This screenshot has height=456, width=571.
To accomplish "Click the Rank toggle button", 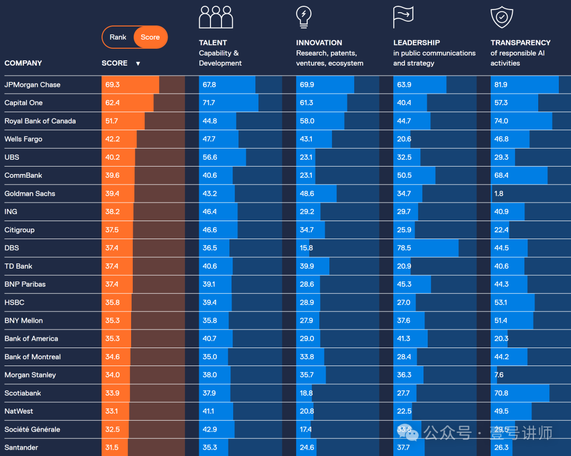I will (x=118, y=37).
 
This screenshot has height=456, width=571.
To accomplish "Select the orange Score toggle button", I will (x=150, y=37).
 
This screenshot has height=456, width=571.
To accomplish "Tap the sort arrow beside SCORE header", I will (x=138, y=63).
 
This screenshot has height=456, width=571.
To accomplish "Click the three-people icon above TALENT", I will (x=216, y=17).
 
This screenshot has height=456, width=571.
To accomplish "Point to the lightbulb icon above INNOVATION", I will (x=303, y=17).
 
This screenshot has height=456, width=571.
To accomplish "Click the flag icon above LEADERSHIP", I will (x=403, y=17).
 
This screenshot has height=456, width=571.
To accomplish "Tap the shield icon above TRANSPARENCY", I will (x=502, y=17).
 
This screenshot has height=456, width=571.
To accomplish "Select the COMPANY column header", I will (x=23, y=63).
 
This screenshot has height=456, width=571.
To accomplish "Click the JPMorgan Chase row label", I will (x=32, y=85).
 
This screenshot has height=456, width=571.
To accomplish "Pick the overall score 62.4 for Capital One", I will (x=112, y=103).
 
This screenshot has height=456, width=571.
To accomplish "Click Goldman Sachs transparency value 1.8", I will (x=499, y=194).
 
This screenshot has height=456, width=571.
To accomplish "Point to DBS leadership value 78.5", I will (x=404, y=248).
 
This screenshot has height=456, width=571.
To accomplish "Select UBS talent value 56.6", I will (x=210, y=157).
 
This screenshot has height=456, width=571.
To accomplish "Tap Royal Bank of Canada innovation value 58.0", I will (x=307, y=121).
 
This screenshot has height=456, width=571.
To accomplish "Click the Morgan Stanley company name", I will (x=30, y=375).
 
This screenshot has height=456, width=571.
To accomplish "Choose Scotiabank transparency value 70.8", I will (x=501, y=393).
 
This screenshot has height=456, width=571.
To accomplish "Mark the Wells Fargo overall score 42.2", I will (x=112, y=139).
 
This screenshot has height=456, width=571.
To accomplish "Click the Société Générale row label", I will (x=32, y=430).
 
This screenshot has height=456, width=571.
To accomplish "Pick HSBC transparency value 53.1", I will (x=501, y=303).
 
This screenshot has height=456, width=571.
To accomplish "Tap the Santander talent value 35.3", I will (x=209, y=448).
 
